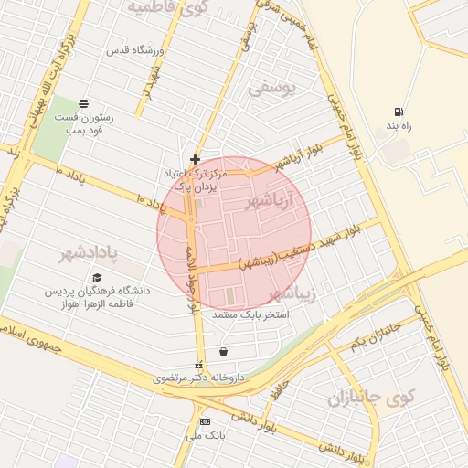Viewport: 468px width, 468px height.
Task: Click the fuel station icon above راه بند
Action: (398, 112)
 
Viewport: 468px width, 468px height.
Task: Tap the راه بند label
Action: (399, 126)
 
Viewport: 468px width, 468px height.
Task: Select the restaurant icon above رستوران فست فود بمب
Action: (84, 102)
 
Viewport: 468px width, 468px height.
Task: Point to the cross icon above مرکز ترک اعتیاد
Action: (195, 159)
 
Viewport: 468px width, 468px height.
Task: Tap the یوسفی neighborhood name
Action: (272, 88)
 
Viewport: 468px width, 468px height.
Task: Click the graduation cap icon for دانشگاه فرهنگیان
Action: (96, 277)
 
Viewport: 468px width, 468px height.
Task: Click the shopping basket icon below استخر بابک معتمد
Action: (224, 351)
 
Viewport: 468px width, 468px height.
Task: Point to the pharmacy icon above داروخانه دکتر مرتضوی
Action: (199, 367)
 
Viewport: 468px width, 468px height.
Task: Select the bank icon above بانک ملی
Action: (205, 421)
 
